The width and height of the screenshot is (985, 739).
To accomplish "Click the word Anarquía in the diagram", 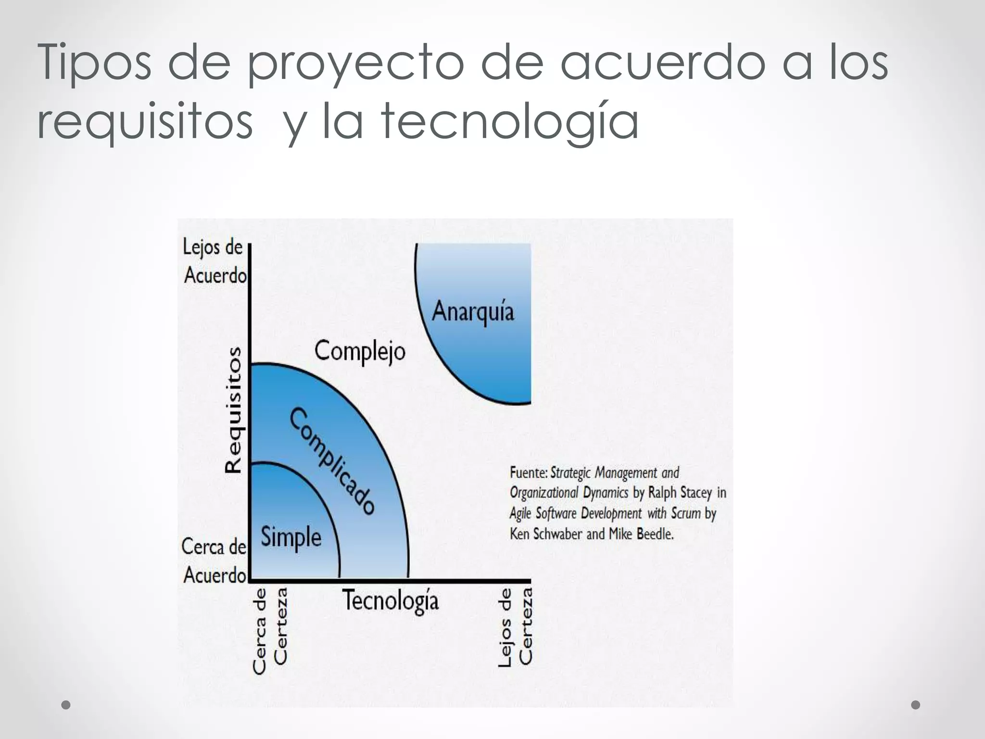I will coord(473,311).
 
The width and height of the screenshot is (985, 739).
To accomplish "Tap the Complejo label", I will coord(360,352).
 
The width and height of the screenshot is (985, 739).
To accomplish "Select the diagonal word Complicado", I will coord(332,461).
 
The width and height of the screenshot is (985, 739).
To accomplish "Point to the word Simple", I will coord(291,537).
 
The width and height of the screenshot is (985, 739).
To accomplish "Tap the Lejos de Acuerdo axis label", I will coord(215,262).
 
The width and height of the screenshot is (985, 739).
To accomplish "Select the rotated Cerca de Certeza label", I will coord(270,630).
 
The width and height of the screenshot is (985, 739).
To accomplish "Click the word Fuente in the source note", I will coord(528,473).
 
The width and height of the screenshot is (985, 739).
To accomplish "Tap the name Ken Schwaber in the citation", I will coord(545,534).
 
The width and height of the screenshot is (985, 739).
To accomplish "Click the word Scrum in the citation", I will coord(686,513).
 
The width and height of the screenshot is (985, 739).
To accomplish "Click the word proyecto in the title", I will coord(356,62).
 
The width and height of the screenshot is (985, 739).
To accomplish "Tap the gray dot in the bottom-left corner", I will coord(66,705).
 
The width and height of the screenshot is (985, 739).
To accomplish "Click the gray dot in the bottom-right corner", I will coord(916,705).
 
